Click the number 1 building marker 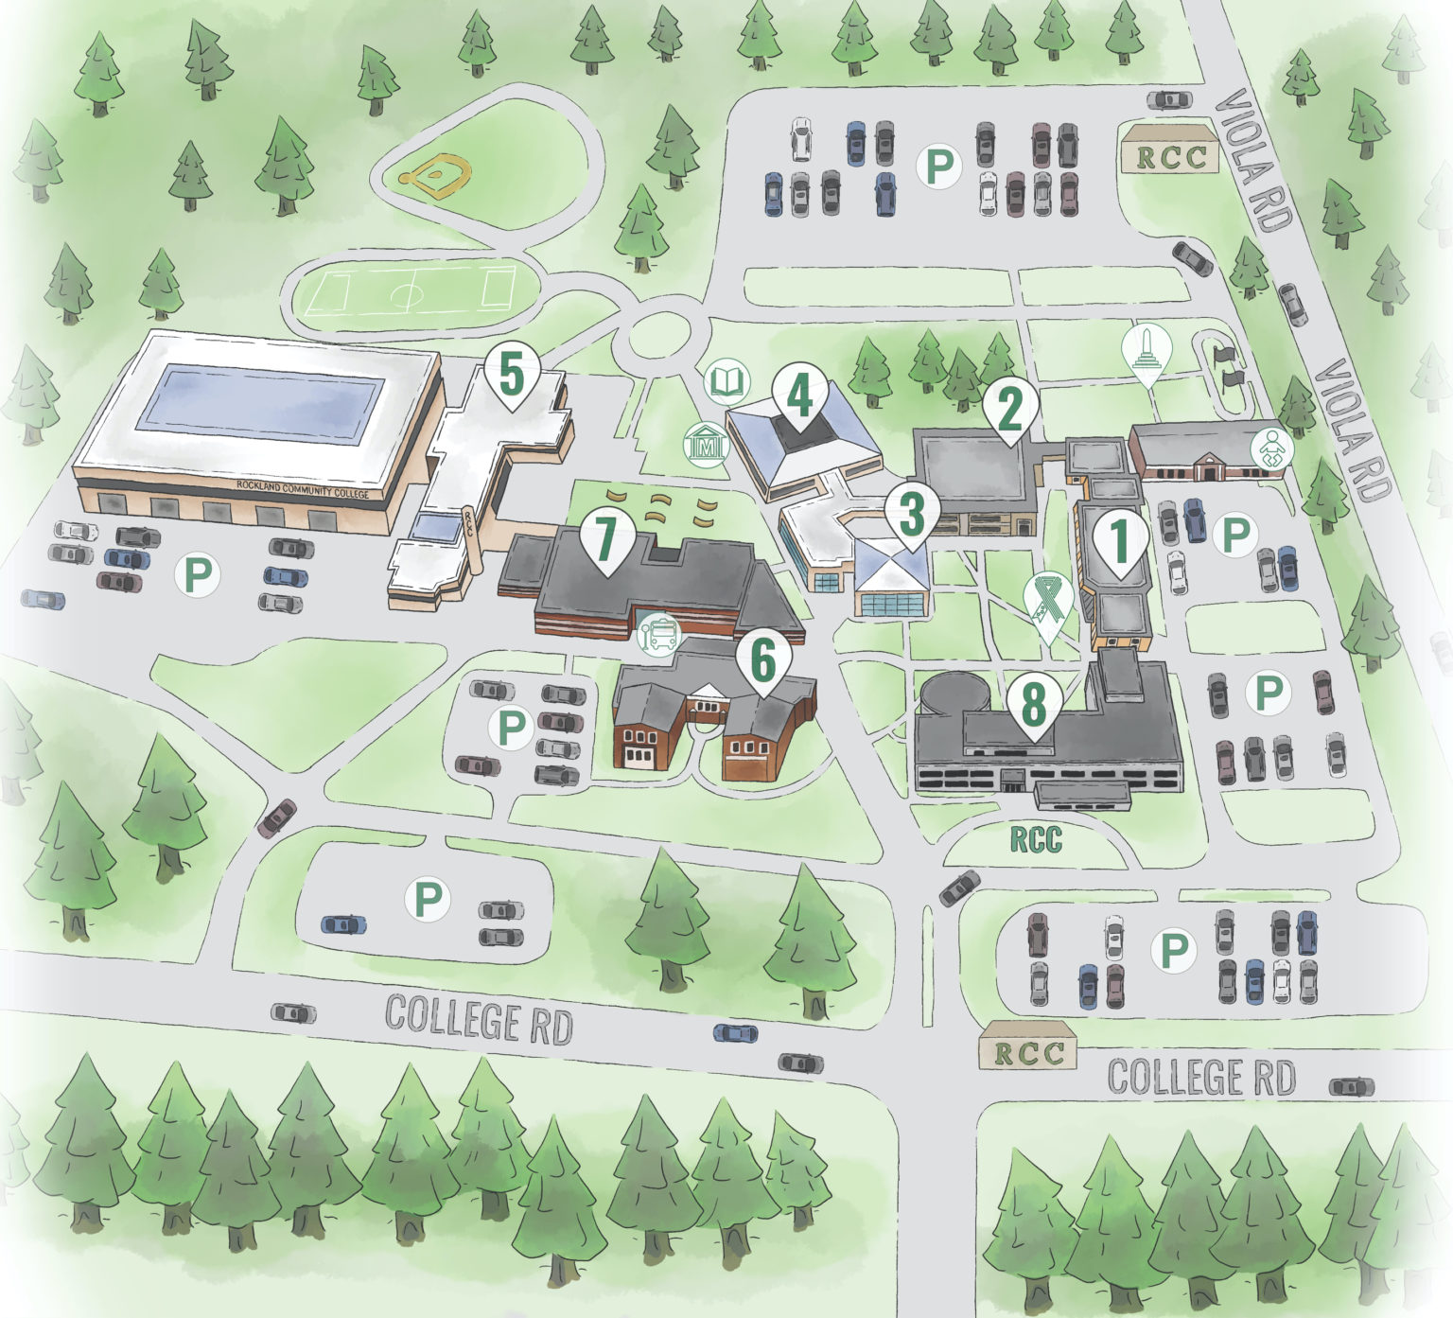click(1120, 539)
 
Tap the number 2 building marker click(1010, 408)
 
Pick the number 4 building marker click(800, 397)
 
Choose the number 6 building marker click(762, 659)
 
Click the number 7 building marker click(605, 537)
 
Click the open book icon click(727, 382)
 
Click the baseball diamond click(436, 173)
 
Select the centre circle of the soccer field click(407, 292)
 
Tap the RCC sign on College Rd click(1026, 1052)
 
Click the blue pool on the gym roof click(260, 409)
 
